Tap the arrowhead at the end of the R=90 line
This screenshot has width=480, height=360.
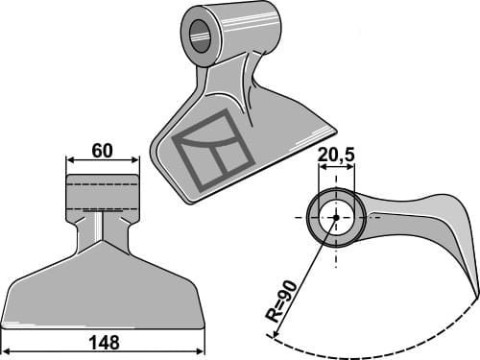[276, 337]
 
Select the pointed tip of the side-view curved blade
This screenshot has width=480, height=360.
[477, 289]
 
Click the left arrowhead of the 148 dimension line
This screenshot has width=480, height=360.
[5, 348]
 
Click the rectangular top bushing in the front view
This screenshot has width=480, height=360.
[102, 192]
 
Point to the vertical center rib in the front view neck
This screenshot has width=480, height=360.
[102, 227]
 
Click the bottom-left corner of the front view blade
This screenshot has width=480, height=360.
[4, 322]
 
